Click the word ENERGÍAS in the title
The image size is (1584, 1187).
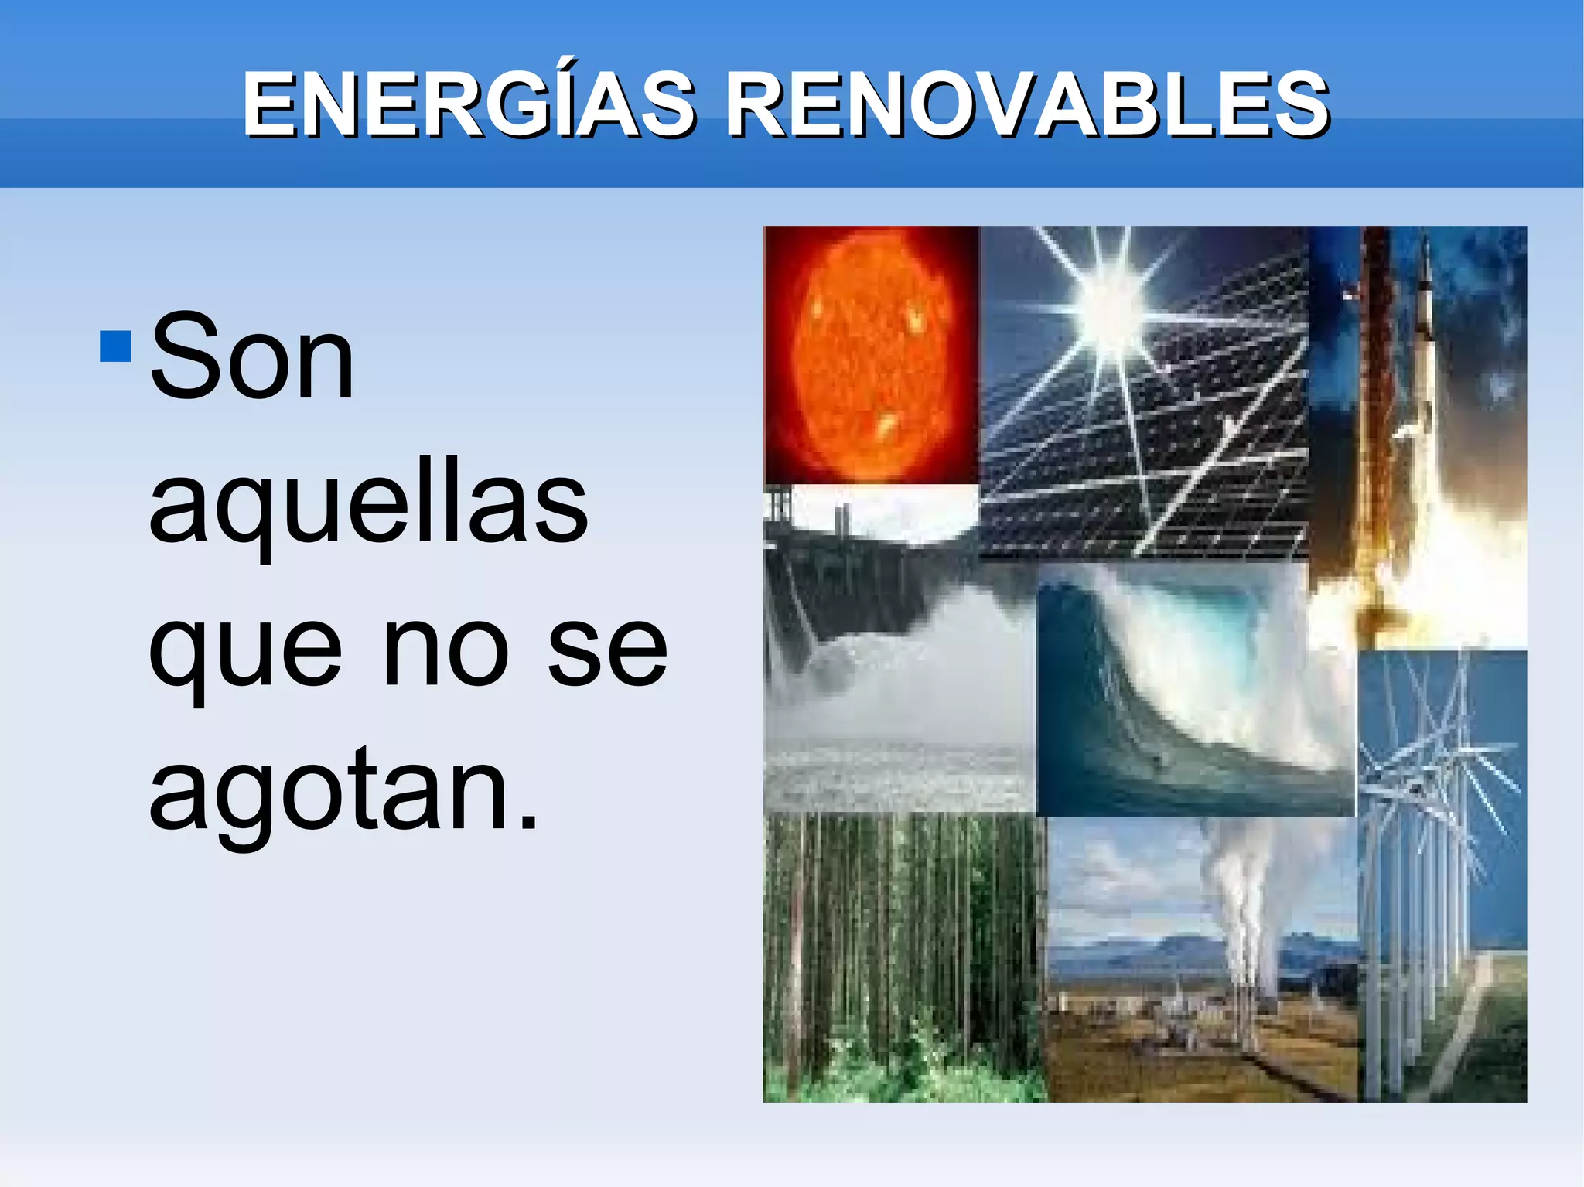click(x=468, y=104)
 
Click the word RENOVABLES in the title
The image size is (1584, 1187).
click(x=1027, y=104)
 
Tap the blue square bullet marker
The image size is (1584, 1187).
click(x=115, y=347)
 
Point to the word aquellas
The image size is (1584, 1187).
click(x=368, y=503)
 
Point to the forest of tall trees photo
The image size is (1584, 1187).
click(x=903, y=959)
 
